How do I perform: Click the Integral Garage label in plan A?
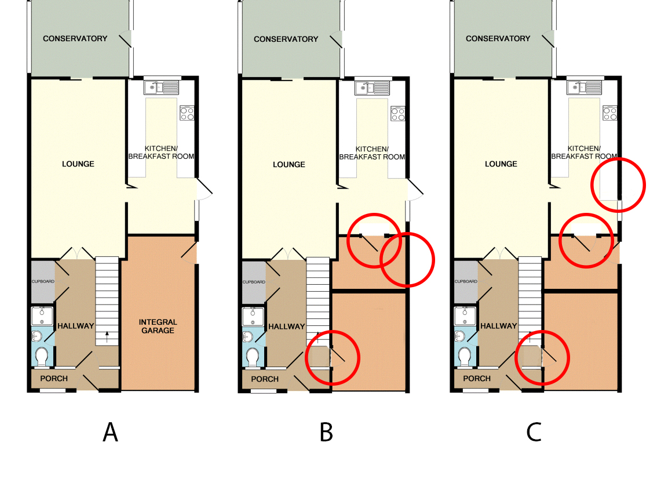coord(158,326)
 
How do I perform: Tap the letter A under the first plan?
coord(110,432)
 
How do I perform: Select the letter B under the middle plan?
coord(326,432)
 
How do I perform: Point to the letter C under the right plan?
coord(534,432)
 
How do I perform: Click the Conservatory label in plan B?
coord(286,39)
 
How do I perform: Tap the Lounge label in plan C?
coord(501,164)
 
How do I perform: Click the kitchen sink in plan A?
coord(162,87)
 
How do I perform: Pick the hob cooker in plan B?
coord(397,113)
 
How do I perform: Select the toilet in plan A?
coord(42,356)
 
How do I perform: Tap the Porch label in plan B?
coord(265,379)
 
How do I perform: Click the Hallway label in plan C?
coord(499,325)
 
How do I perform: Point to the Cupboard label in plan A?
coord(43,281)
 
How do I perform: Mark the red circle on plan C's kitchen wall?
coord(618,184)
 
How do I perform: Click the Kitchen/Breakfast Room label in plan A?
coord(161,153)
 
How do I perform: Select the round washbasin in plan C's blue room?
coord(459,336)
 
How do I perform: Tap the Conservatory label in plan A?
coord(75,38)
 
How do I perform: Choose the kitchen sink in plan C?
coord(584,87)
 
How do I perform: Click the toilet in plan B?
coord(253,356)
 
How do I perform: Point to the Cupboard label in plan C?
coord(466,281)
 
